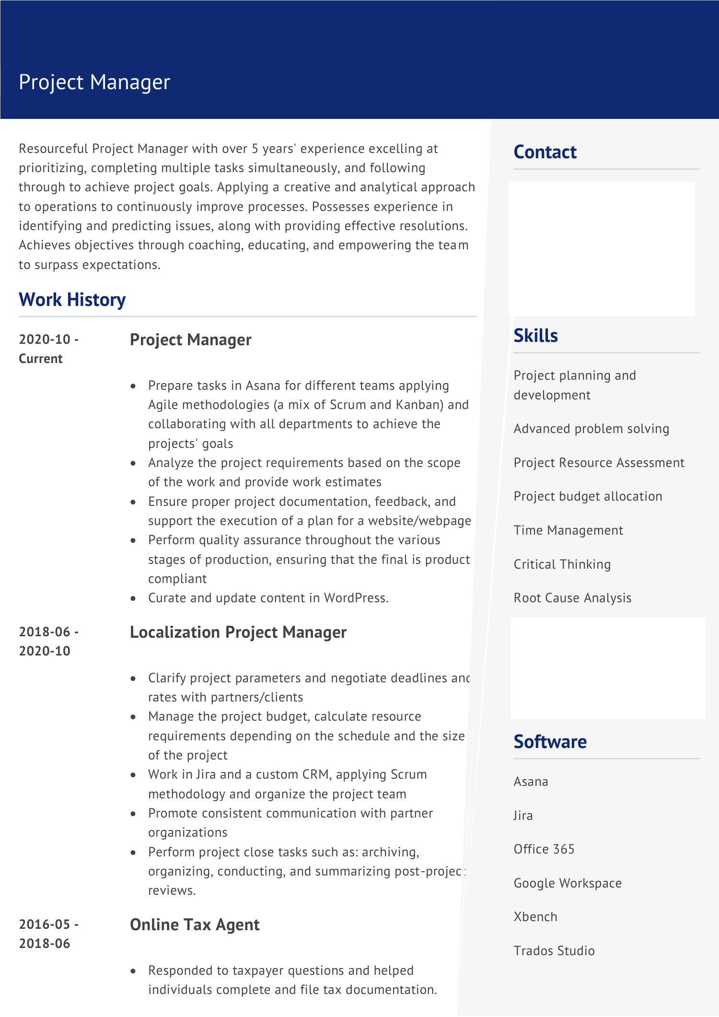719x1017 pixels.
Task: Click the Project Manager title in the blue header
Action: click(x=94, y=82)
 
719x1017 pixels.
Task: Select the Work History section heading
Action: click(x=72, y=300)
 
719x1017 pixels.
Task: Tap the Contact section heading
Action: click(x=545, y=152)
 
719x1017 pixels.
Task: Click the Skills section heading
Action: click(x=535, y=336)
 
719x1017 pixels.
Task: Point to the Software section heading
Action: click(x=550, y=742)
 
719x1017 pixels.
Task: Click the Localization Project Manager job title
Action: click(x=238, y=632)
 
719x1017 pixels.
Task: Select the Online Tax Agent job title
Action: click(x=195, y=924)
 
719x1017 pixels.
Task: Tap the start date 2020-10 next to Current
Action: click(x=45, y=339)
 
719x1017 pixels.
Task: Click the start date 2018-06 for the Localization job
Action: click(x=45, y=632)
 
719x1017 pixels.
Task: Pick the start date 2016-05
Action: click(x=45, y=924)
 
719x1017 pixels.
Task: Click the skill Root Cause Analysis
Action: click(x=572, y=598)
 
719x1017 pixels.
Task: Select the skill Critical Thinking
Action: click(x=562, y=564)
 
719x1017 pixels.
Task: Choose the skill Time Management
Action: click(x=568, y=530)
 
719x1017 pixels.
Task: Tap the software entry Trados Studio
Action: click(x=554, y=951)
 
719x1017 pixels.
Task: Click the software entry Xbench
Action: click(x=535, y=917)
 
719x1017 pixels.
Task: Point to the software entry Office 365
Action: click(x=544, y=849)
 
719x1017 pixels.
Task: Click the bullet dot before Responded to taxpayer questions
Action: click(x=134, y=971)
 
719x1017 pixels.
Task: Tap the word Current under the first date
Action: click(x=41, y=359)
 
